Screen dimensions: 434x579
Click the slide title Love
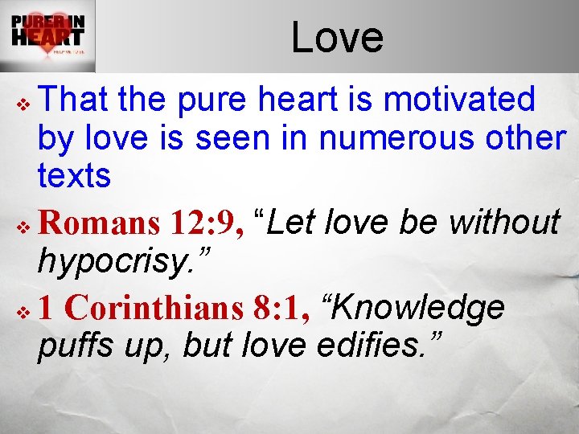(337, 37)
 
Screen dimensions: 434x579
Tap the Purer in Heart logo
(47, 35)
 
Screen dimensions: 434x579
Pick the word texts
(73, 174)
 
